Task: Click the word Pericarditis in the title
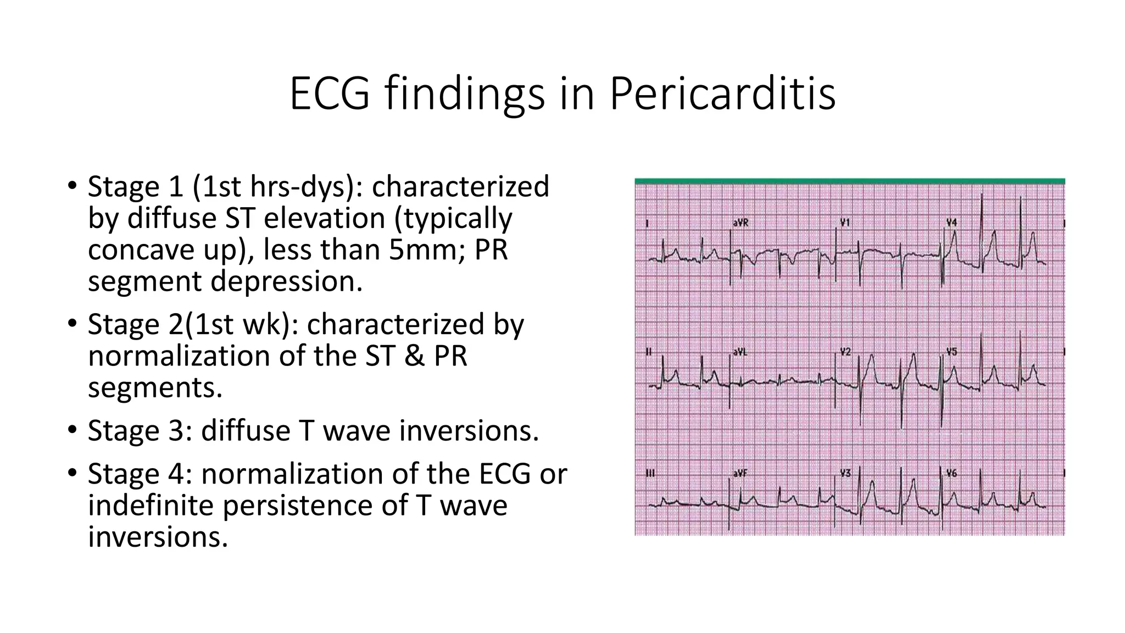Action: (722, 94)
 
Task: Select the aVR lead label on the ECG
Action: (740, 223)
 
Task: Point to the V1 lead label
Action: (845, 223)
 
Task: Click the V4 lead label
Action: (951, 223)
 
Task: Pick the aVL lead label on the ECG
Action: (740, 352)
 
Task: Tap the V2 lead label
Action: (845, 352)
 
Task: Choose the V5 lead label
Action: (952, 352)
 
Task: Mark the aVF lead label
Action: (740, 473)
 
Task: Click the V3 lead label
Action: (845, 473)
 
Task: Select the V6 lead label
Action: (952, 473)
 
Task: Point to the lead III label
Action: (650, 473)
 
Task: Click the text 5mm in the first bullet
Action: (428, 250)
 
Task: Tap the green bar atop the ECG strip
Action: (849, 181)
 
